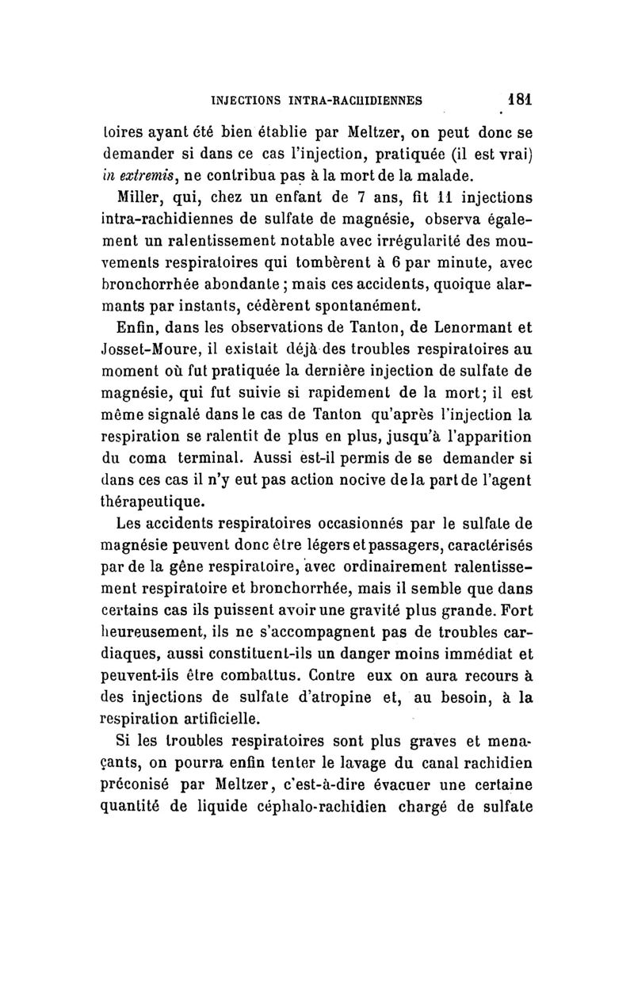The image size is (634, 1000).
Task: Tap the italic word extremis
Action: (x=151, y=173)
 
